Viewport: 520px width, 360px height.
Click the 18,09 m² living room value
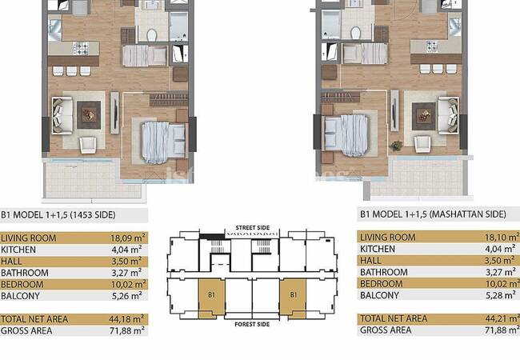128,238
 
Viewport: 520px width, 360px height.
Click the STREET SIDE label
252,228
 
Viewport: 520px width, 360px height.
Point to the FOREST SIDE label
252,324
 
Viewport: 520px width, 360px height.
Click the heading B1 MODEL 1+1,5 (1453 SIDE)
58,215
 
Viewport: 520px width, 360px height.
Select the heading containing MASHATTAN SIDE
433,214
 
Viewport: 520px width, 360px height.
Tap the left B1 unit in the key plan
211,298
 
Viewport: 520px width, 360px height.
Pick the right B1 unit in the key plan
293,298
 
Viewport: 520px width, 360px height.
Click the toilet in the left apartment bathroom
152,34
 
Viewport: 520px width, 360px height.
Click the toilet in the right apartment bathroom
355,33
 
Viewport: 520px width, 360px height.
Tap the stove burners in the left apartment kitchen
82,48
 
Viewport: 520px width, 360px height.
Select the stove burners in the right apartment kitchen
432,46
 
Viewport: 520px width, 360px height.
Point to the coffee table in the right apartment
424,116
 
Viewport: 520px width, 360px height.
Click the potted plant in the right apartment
396,145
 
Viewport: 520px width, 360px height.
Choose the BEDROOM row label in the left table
22,285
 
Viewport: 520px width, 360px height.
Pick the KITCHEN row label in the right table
378,249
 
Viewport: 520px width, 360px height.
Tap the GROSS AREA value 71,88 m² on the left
127,330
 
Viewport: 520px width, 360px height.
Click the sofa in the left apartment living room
62,115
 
